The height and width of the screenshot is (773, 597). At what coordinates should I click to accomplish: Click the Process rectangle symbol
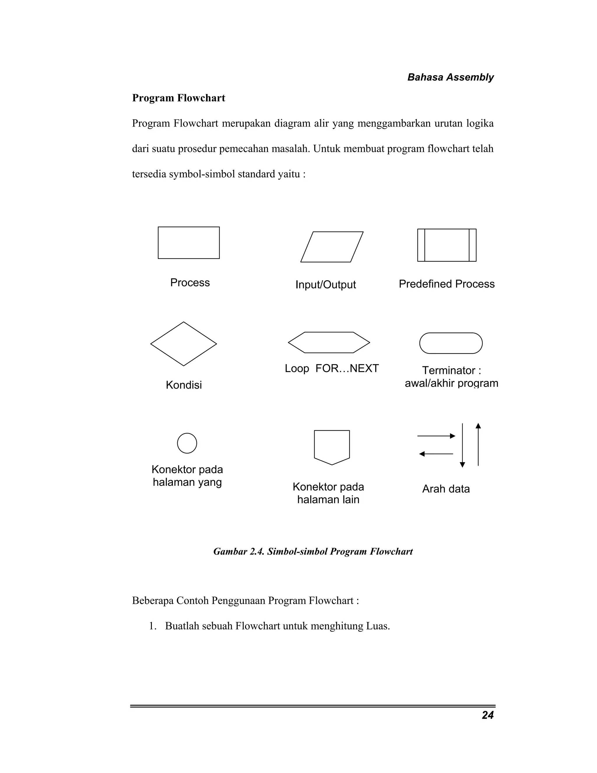coord(189,243)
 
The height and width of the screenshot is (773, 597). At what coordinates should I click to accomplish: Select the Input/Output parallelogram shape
coord(332,247)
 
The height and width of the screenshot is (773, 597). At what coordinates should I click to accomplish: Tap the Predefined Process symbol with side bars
coord(447,245)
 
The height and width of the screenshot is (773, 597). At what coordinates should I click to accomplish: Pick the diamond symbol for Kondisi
coord(184,344)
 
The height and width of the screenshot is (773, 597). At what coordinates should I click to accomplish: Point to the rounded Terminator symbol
coord(451,343)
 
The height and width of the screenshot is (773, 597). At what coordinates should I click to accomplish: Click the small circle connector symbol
coord(187,443)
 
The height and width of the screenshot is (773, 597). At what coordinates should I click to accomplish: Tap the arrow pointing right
coord(436,436)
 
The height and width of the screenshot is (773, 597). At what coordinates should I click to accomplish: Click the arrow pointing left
coord(436,454)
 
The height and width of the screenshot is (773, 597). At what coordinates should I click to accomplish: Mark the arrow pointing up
coord(478,445)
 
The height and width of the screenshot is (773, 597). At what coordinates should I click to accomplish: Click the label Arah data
coord(446,489)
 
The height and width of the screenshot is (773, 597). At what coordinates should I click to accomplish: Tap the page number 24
coord(487,715)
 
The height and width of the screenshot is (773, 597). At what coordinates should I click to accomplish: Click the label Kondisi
coord(184,385)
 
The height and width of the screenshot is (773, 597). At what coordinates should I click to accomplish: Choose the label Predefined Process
coord(447,284)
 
